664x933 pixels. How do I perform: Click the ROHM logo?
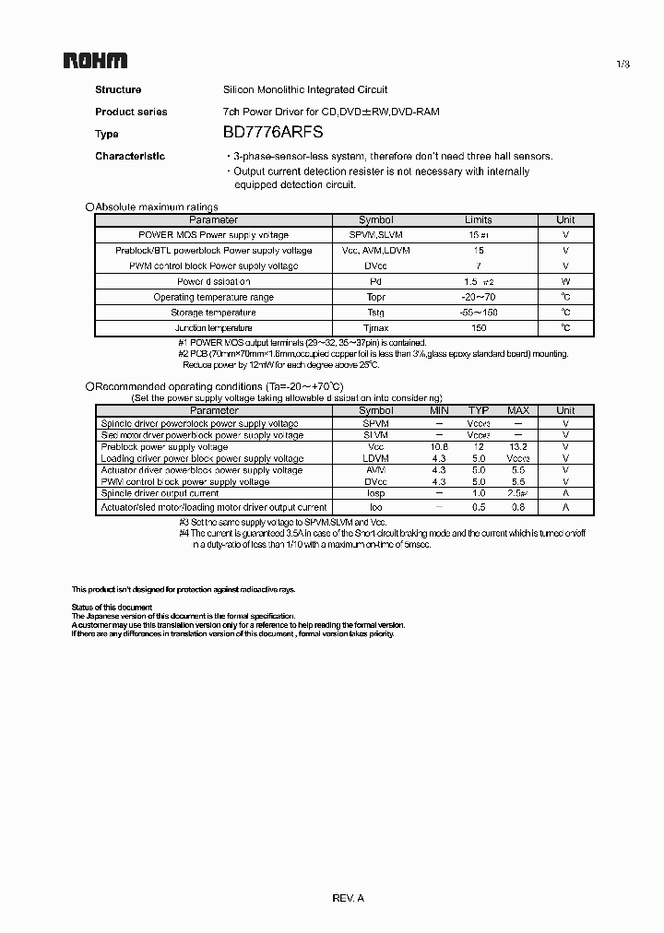(95, 61)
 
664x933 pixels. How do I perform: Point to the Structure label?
(118, 89)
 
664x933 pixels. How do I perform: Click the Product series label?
(131, 112)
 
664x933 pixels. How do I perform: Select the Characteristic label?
(130, 156)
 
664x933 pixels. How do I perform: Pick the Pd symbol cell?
(375, 281)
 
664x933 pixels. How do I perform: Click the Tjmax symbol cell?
(375, 328)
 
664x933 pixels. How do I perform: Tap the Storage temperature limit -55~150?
(478, 313)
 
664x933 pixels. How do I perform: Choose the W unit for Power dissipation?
(565, 281)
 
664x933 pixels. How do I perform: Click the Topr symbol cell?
(375, 297)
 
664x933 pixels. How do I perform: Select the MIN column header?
(439, 410)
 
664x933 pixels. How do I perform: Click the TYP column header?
(478, 410)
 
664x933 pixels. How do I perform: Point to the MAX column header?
(518, 410)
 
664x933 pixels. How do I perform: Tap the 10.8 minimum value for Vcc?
(439, 446)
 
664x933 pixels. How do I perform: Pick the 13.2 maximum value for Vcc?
(518, 446)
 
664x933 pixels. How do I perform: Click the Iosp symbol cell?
(375, 494)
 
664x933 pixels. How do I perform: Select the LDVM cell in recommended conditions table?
(375, 458)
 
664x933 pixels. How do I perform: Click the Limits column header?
(478, 219)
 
